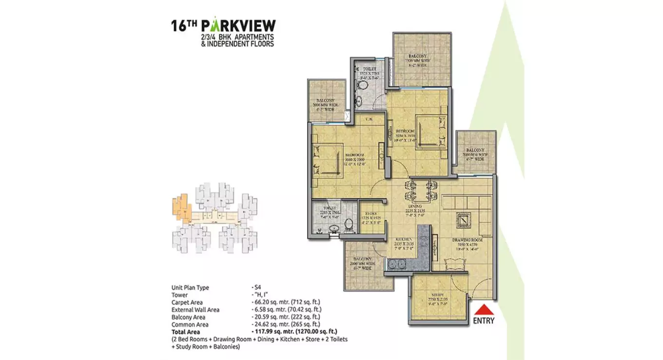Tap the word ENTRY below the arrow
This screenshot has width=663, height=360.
[x=483, y=321]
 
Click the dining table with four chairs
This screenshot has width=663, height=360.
[x=420, y=190]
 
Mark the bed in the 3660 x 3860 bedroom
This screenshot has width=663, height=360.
[x=326, y=160]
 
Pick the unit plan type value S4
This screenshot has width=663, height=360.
[x=257, y=288]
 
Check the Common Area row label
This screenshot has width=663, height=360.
[x=190, y=324]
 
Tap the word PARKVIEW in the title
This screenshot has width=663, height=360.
[x=238, y=26]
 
